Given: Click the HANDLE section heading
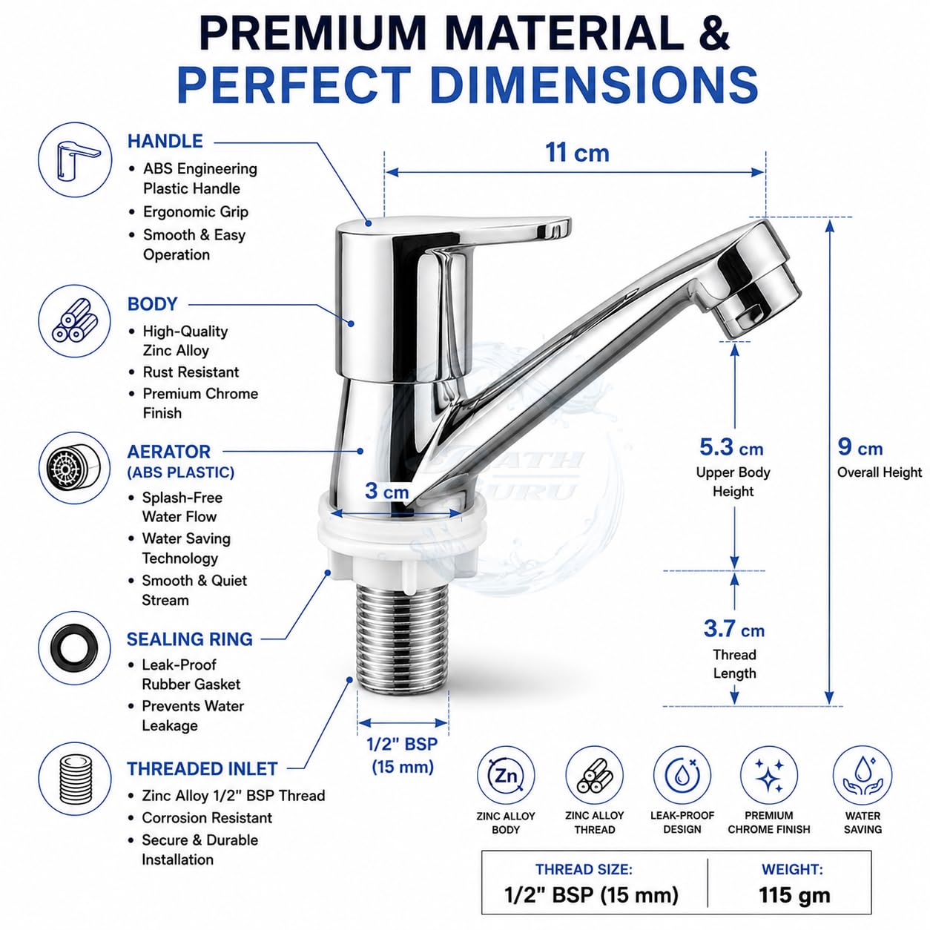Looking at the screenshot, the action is [165, 141].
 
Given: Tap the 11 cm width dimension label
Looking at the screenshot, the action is [577, 153].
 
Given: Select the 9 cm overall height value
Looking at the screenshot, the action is [860, 447].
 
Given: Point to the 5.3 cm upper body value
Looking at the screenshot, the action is [732, 448].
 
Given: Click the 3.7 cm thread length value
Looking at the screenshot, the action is [734, 628].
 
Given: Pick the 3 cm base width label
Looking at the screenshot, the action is [386, 491].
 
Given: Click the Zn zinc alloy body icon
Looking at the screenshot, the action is [506, 776].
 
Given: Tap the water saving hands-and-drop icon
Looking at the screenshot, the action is [863, 776].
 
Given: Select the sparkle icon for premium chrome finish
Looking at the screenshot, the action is [769, 776].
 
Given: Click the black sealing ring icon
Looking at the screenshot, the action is [75, 647].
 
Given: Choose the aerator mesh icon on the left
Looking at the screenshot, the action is [74, 468].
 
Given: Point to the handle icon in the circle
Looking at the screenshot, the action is [75, 159].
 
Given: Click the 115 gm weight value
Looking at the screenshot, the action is [794, 895].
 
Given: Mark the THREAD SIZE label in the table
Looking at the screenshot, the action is [584, 869].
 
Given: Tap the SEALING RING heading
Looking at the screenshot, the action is [190, 639].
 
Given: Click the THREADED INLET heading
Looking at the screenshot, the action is [202, 769].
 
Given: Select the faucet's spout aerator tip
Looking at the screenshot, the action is [759, 306].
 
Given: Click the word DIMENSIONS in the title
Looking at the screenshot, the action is [593, 85].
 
